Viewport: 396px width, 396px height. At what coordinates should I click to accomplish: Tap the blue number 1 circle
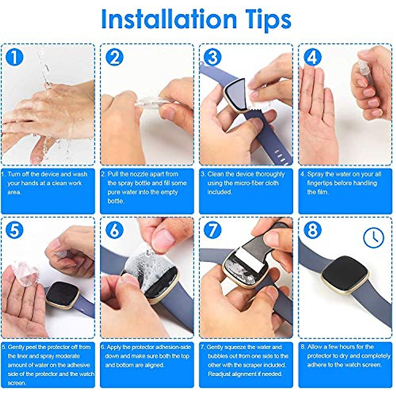15,57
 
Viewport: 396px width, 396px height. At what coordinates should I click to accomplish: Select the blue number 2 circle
114,57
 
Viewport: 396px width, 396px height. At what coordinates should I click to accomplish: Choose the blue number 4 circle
312,57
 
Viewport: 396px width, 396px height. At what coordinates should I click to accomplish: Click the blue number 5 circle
15,230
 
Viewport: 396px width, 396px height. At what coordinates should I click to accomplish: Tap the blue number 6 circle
114,230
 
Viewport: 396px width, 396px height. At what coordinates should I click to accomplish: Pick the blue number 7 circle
213,230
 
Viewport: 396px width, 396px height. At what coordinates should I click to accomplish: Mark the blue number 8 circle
312,230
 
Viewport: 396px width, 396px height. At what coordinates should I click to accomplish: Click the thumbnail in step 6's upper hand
163,237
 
